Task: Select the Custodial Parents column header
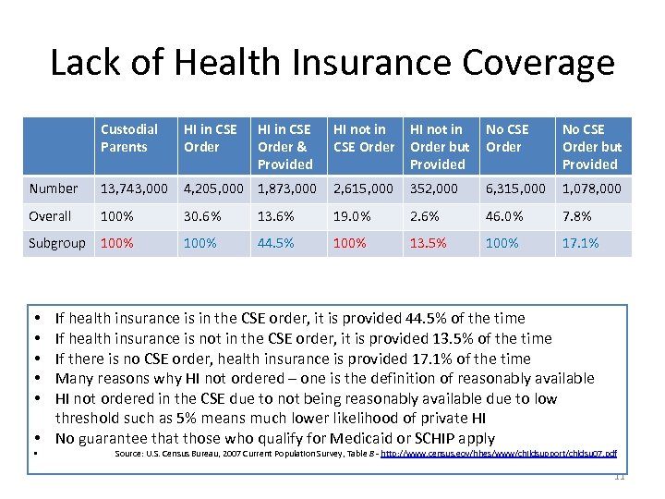tap(128, 138)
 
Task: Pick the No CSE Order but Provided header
tap(592, 146)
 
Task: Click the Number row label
tap(54, 189)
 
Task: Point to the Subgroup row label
tap(57, 243)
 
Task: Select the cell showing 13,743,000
tap(135, 189)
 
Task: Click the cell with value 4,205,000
tap(213, 189)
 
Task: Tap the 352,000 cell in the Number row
tap(434, 189)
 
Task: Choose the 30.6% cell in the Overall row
tap(203, 216)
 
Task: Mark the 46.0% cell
tap(505, 216)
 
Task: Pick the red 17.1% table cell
tap(581, 243)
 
